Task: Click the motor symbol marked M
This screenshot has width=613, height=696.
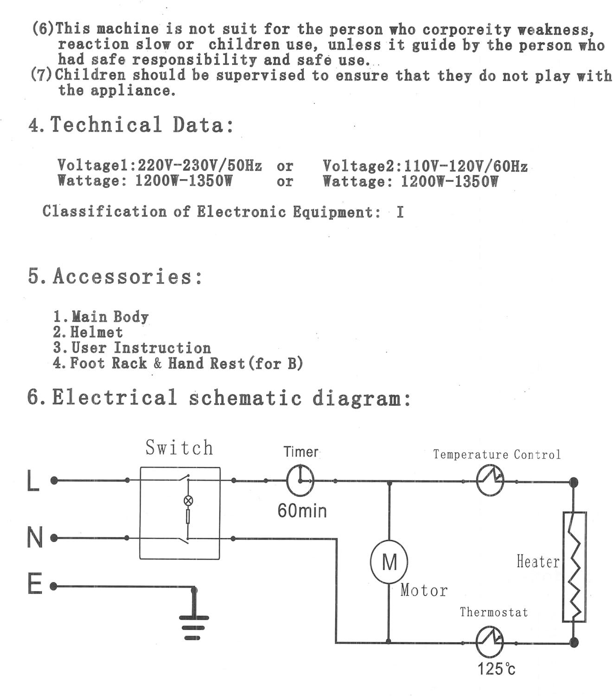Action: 389,562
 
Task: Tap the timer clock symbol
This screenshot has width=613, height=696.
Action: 300,481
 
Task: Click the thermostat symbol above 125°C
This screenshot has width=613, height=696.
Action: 490,642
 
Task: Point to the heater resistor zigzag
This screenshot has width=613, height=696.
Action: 574,567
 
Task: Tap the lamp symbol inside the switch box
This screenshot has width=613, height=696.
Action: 188,501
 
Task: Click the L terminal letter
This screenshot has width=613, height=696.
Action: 33,481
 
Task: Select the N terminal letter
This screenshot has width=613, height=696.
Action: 34,537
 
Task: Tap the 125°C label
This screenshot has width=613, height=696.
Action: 496,669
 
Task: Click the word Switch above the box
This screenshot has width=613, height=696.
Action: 179,447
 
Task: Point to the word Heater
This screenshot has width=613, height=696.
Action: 538,561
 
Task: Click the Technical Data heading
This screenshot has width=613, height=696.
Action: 131,124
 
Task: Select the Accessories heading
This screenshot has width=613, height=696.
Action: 115,276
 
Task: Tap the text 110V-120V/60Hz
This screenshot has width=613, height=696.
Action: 466,166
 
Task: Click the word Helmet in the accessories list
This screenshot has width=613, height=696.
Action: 96,332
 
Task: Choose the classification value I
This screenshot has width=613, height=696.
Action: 400,212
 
